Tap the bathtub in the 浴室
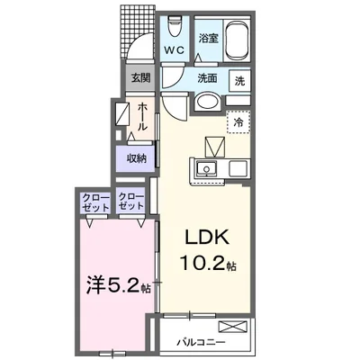pyautogui.click(x=237, y=39)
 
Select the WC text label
pyautogui.click(x=175, y=50)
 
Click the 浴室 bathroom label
pyautogui.click(x=209, y=38)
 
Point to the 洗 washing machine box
pyautogui.click(x=239, y=80)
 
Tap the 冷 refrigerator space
pyautogui.click(x=238, y=121)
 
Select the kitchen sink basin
pyautogui.click(x=207, y=169)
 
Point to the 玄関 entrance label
pyautogui.click(x=140, y=77)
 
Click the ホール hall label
pyautogui.click(x=142, y=117)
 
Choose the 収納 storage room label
pyautogui.click(x=137, y=158)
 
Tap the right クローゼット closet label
pyautogui.click(x=131, y=202)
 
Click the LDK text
pyautogui.click(x=207, y=238)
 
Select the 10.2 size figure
pyautogui.click(x=202, y=264)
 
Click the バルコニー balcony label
pyautogui.click(x=201, y=342)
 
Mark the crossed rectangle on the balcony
pyautogui.click(x=233, y=326)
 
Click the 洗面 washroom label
pyautogui.click(x=207, y=78)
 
